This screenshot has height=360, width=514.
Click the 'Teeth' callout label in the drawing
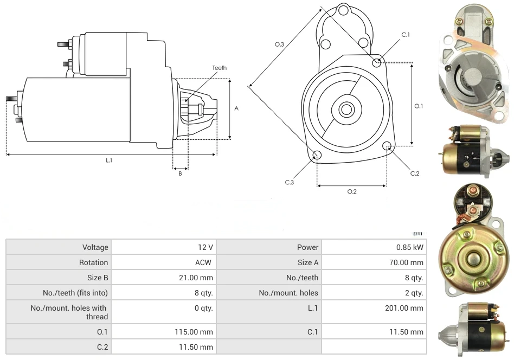(x=220, y=68)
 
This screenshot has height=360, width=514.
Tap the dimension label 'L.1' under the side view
(x=109, y=160)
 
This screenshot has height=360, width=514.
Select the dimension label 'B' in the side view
(x=181, y=173)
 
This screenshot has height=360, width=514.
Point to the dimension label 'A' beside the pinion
(x=236, y=108)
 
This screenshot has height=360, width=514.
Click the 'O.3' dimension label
(x=280, y=44)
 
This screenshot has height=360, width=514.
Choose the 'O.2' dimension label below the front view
(x=352, y=191)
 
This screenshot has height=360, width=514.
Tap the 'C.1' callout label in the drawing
(x=406, y=35)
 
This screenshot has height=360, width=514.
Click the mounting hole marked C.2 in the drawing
(x=387, y=146)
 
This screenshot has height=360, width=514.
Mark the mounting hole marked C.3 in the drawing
(x=317, y=156)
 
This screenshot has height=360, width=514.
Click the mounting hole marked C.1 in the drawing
(x=377, y=63)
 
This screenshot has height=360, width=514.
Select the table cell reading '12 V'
(x=205, y=247)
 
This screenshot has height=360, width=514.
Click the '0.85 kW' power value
(x=410, y=247)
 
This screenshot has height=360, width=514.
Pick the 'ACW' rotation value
(x=204, y=262)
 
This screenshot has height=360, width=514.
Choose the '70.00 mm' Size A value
(x=407, y=262)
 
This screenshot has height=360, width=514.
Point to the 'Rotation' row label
(x=93, y=262)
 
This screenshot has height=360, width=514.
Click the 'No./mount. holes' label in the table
(x=288, y=293)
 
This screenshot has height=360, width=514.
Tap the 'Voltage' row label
(x=95, y=247)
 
